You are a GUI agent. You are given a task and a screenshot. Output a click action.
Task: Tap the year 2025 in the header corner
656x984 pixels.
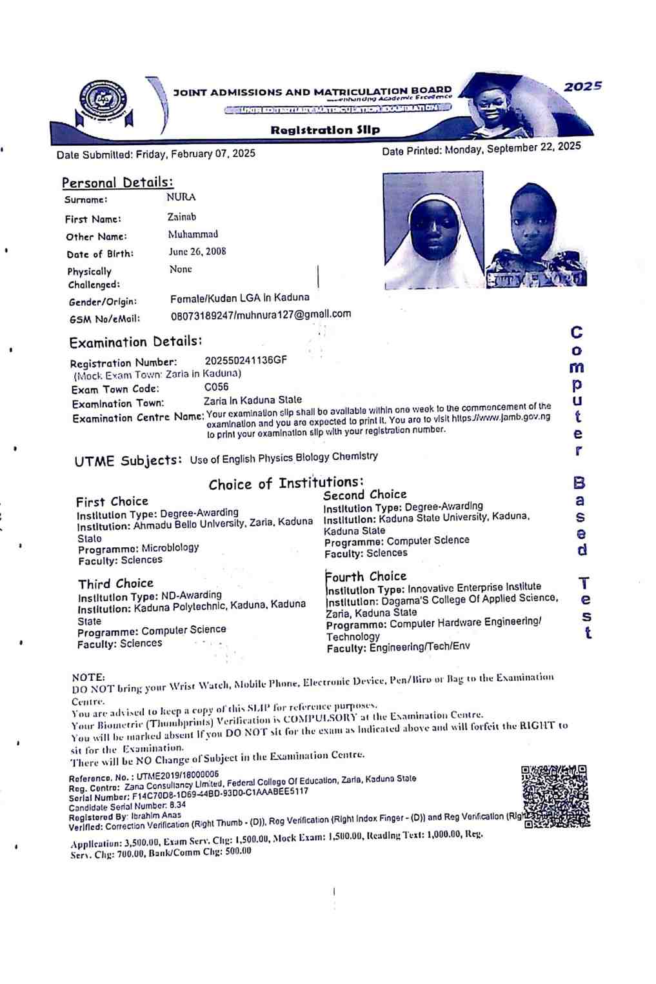pyautogui.click(x=582, y=86)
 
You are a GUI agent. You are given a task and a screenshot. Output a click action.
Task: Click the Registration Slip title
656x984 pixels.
pyautogui.click(x=325, y=130)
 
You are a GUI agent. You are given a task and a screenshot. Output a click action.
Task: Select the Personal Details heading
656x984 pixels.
pyautogui.click(x=117, y=183)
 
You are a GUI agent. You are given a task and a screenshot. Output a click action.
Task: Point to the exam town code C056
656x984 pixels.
pyautogui.click(x=216, y=387)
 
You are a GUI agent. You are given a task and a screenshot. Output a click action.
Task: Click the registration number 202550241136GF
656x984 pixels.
pyautogui.click(x=246, y=360)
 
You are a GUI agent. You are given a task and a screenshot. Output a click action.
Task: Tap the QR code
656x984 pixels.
pyautogui.click(x=555, y=796)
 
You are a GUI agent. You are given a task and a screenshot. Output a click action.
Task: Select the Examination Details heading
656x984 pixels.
pyautogui.click(x=135, y=342)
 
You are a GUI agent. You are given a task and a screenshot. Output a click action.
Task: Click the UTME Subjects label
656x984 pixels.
pyautogui.click(x=128, y=461)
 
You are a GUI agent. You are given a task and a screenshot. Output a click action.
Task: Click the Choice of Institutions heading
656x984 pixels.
pyautogui.click(x=286, y=483)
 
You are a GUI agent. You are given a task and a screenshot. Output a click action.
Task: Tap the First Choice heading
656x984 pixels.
pyautogui.click(x=112, y=501)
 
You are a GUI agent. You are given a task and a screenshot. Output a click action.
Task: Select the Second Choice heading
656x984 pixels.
pyautogui.click(x=364, y=495)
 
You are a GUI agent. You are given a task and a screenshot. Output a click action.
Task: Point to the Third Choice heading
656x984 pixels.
pyautogui.click(x=115, y=584)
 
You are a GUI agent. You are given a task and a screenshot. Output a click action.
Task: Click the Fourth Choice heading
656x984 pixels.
pyautogui.click(x=366, y=576)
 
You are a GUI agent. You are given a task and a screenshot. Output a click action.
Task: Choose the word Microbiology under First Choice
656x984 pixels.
pyautogui.click(x=170, y=548)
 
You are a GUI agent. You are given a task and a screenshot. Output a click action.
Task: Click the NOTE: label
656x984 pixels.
pyautogui.click(x=88, y=677)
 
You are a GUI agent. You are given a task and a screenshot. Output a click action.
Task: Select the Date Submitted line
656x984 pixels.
pyautogui.click(x=155, y=154)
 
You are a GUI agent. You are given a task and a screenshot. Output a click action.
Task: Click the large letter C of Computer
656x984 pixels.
pyautogui.click(x=577, y=333)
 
